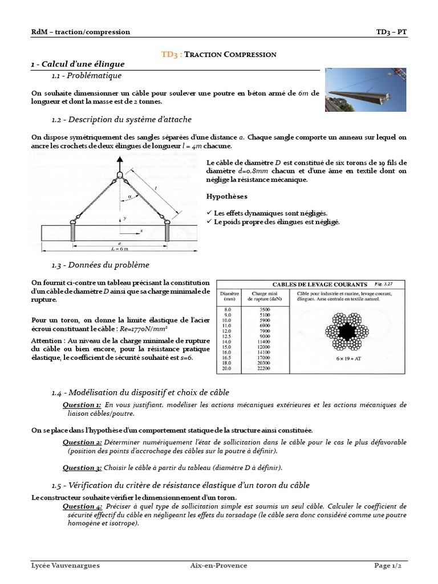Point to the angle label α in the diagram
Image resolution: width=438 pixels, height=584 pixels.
point(130,195)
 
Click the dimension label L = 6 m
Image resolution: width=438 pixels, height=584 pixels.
point(119,249)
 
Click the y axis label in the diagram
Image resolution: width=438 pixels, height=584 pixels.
point(124,218)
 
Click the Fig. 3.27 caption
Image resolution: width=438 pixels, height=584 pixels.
point(380,283)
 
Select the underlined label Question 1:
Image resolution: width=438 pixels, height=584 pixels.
point(82,404)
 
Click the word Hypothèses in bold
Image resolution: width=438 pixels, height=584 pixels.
point(226,196)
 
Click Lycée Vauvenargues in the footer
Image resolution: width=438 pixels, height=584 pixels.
point(65,565)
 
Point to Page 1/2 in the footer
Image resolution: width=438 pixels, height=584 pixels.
point(391,565)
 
